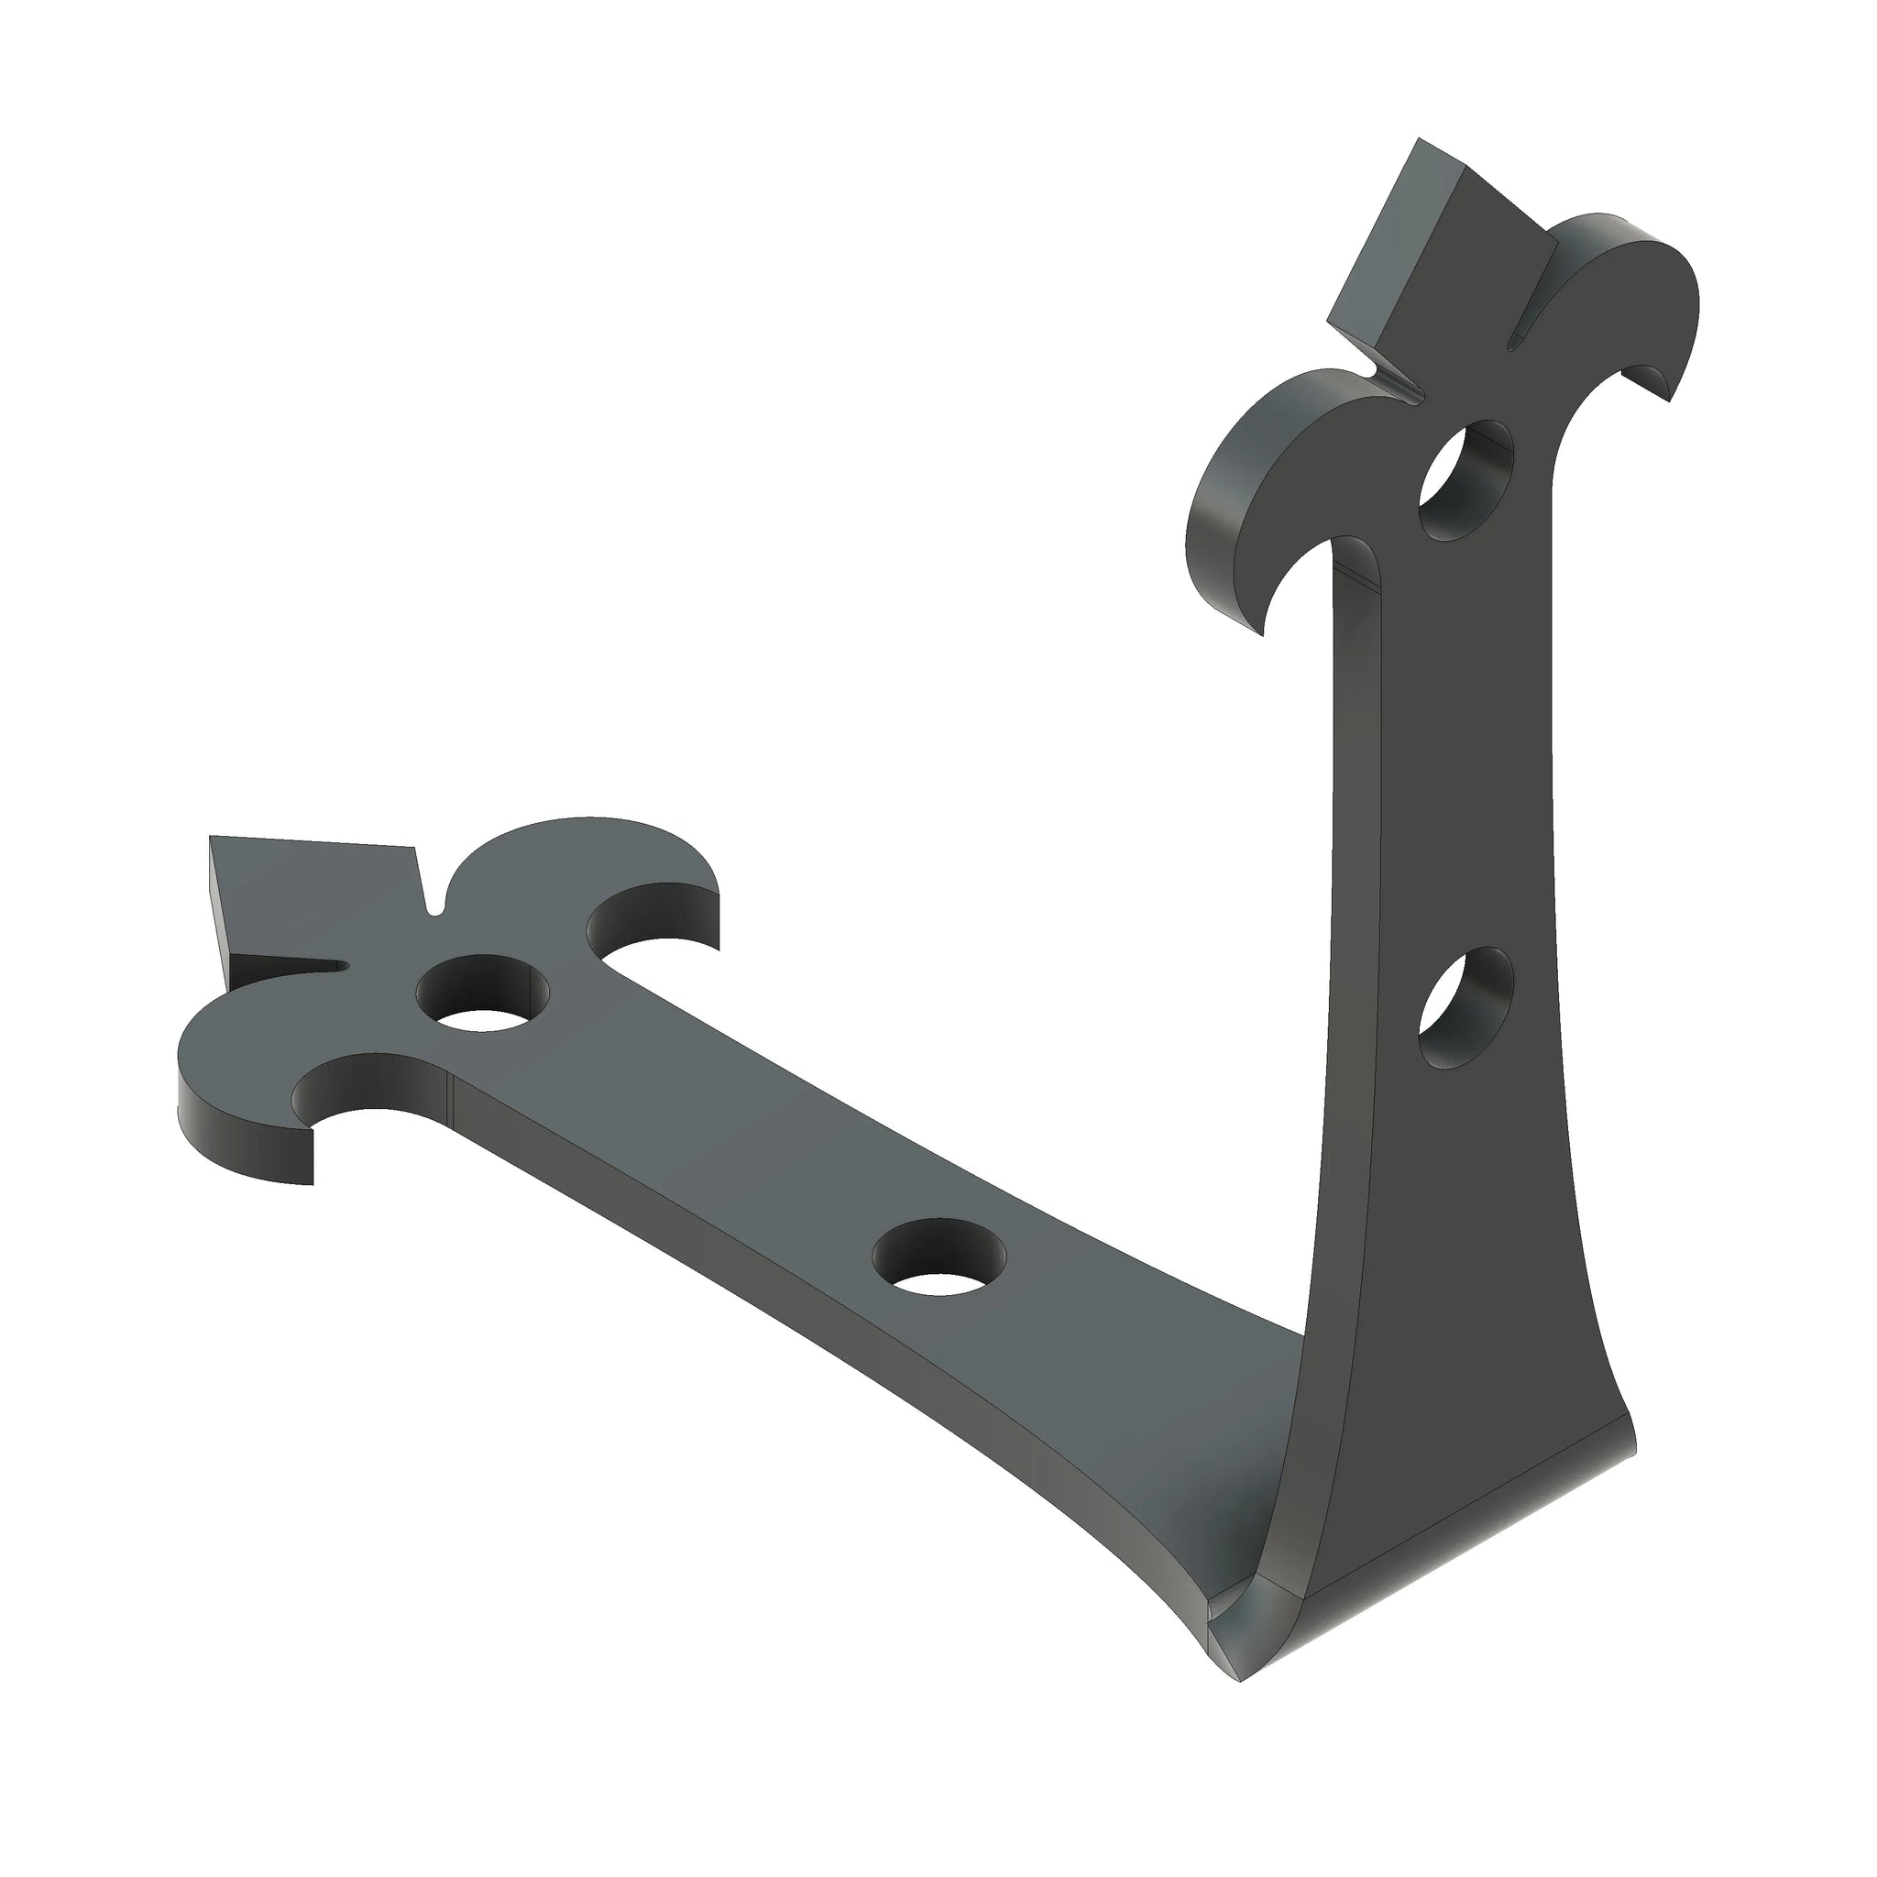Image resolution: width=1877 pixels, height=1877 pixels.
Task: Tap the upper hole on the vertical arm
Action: (1466, 480)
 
